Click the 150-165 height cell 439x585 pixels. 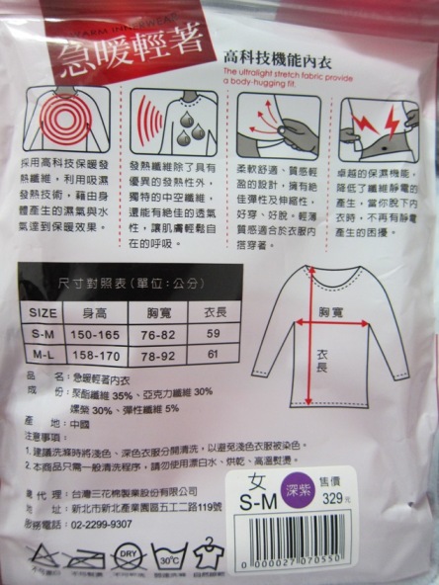(x=93, y=336)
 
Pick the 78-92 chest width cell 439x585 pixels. (x=153, y=353)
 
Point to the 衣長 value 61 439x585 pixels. (x=213, y=353)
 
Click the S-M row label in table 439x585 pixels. (x=42, y=336)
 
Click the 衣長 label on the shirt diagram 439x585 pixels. (x=323, y=364)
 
